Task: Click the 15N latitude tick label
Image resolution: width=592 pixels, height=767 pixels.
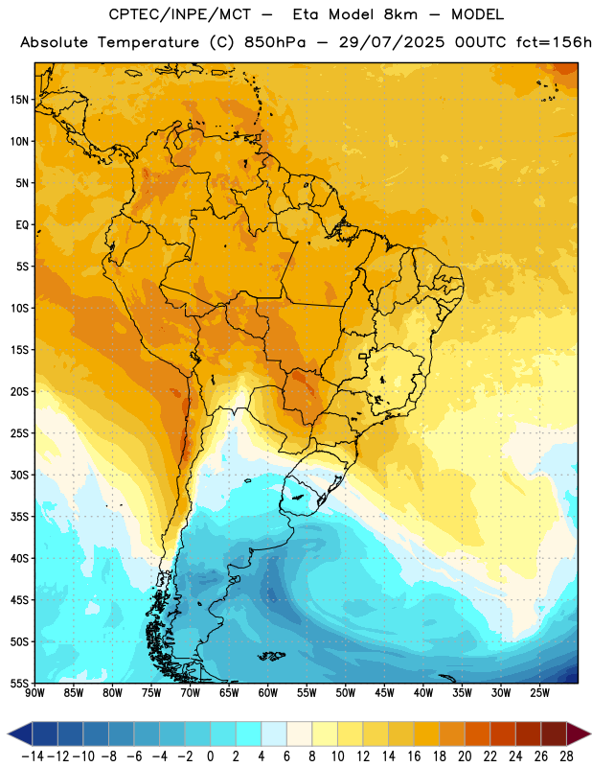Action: pos(19,100)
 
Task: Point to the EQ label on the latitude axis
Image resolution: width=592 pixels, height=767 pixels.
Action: pos(22,225)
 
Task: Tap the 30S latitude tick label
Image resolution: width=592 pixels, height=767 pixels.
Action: pos(19,475)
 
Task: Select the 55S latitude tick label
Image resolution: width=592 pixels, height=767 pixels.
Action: pos(19,683)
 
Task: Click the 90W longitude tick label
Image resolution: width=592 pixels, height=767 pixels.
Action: pos(34,692)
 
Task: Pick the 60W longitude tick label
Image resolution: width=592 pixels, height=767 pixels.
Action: pos(268,692)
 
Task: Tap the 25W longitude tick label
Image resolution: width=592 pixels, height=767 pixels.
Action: pos(539,692)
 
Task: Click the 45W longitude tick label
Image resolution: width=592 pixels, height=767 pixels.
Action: pos(384,692)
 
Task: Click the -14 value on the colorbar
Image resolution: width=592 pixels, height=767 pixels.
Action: pos(33,756)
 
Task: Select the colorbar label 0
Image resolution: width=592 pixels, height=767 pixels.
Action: pos(210,756)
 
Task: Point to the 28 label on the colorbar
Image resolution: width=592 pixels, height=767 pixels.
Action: pos(566,756)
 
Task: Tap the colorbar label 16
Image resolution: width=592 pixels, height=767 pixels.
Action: pos(414,756)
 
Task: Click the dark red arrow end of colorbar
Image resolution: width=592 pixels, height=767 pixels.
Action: pos(579,733)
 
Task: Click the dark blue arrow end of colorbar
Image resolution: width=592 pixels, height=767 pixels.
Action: pos(20,733)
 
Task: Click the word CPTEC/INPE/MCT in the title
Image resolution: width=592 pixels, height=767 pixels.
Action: pos(179,14)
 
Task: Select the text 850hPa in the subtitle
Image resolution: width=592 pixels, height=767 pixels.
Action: pos(275,42)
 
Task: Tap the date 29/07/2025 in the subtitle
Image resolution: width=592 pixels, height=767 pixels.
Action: pos(392,42)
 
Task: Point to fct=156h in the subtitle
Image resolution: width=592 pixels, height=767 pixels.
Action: pos(554,42)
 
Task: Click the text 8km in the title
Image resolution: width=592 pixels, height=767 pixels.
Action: pos(400,14)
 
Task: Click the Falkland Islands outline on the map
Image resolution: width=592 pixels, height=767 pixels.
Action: pos(271,656)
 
